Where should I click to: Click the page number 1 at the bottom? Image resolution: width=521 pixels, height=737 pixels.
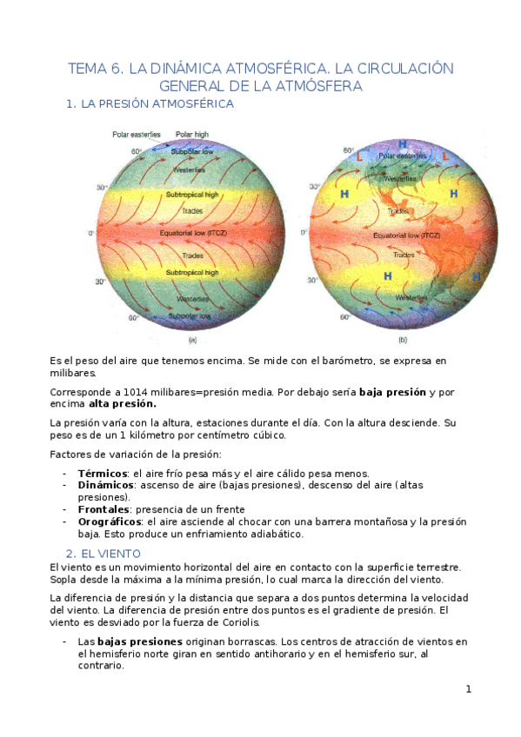(468, 690)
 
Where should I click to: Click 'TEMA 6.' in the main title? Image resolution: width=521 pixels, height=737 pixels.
(97, 69)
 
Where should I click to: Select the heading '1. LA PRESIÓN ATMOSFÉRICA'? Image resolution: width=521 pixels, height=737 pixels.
(150, 104)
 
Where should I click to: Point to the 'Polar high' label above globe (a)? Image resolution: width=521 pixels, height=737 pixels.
(192, 134)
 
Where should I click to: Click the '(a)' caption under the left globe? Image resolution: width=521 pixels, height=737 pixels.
(192, 340)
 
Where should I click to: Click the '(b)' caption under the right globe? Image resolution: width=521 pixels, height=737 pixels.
(402, 340)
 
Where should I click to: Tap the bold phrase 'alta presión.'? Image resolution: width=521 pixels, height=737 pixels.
(123, 404)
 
